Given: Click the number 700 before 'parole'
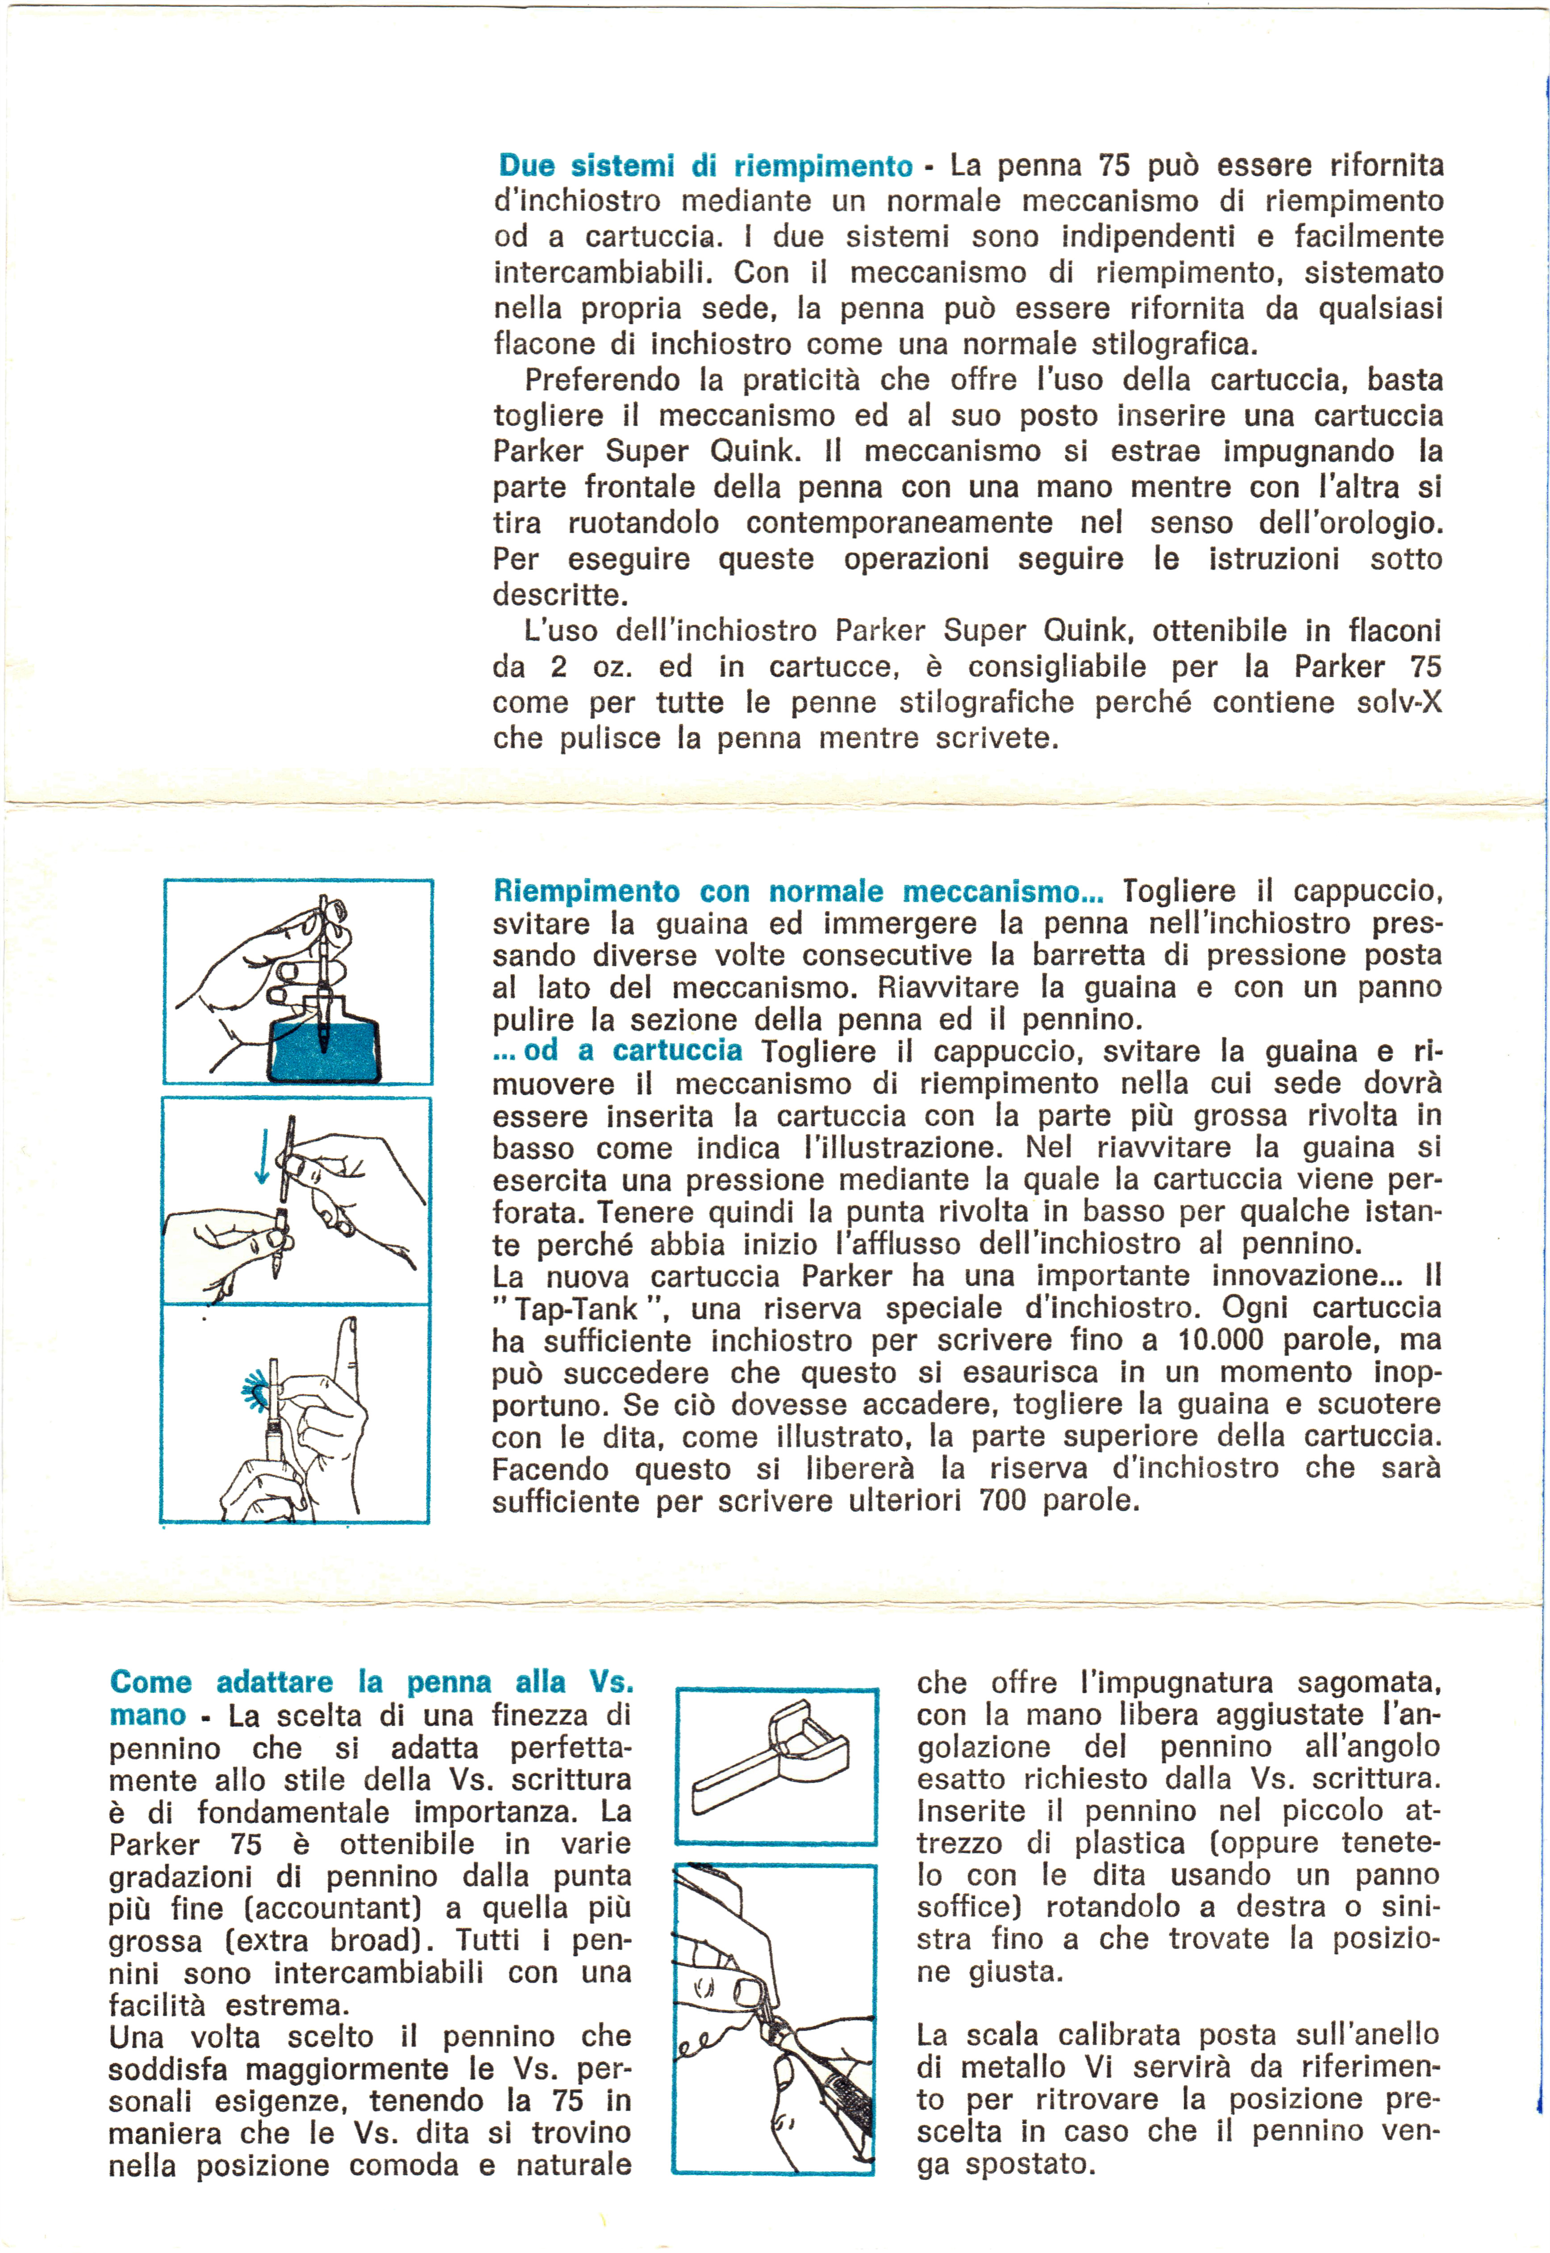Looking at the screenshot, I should [1002, 1501].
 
